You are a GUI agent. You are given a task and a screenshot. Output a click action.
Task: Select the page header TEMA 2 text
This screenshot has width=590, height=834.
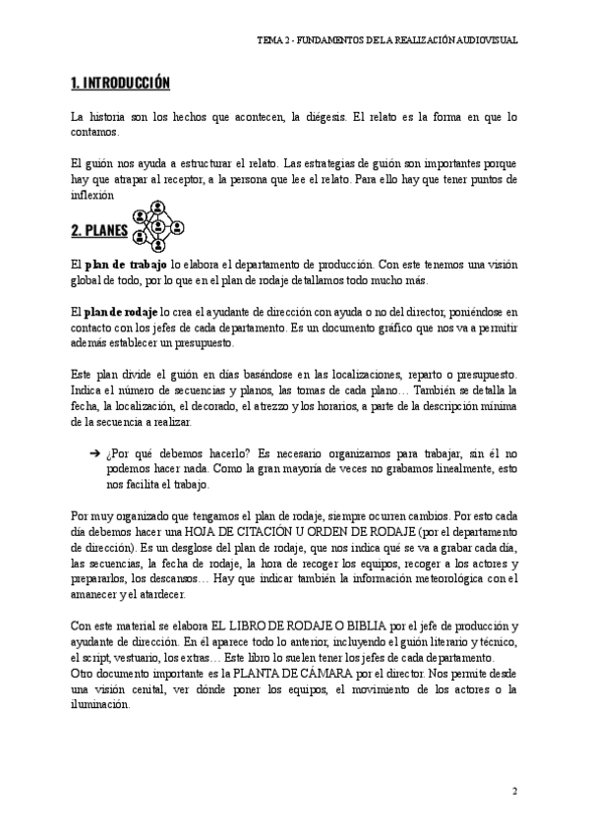point(386,42)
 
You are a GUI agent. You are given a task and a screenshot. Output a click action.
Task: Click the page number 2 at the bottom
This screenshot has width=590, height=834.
point(514,792)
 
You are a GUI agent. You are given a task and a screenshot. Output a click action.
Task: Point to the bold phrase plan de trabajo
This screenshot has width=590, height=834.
point(127,266)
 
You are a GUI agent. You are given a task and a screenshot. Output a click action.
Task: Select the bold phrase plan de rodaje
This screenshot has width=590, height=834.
point(125,312)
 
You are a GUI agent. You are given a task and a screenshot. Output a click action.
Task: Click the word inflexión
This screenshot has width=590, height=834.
point(95,195)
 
